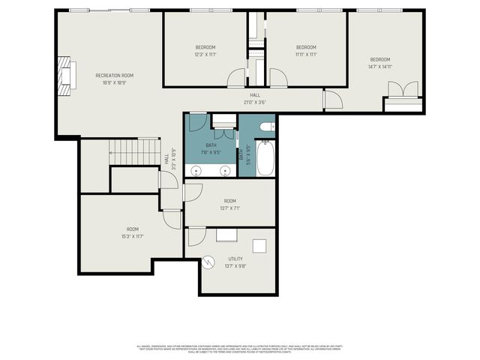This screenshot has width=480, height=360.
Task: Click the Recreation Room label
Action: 114,76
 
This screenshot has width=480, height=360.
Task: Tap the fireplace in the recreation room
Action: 67,77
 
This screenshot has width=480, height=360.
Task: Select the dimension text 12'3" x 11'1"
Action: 205,54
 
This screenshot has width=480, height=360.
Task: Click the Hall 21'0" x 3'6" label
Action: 255,99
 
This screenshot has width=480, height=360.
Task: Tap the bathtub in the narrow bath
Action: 265,158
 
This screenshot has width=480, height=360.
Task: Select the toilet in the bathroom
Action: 266,127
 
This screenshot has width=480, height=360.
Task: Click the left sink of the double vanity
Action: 196,171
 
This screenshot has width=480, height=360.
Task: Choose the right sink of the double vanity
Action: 226,171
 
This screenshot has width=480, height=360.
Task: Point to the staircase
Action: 135,152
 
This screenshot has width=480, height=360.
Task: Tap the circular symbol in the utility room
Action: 209,262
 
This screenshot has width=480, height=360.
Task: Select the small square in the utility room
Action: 259,246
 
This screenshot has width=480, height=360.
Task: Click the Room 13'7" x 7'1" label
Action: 229,204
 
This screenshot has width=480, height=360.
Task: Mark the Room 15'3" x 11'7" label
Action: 133,232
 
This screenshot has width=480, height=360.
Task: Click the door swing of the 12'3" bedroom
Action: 237,76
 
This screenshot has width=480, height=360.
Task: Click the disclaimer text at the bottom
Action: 239,348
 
